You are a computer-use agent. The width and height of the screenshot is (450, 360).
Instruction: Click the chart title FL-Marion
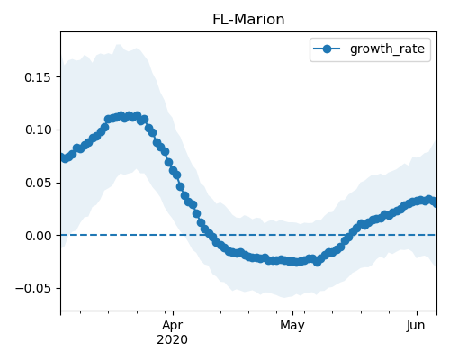pos(248,20)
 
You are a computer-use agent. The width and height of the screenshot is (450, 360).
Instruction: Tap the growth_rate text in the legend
pos(387,49)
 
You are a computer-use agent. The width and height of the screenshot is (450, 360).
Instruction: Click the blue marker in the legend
pos(327,49)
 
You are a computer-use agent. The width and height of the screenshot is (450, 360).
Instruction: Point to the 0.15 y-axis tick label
pos(38,77)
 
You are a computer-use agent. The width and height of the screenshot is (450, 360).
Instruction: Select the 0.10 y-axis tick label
pos(38,130)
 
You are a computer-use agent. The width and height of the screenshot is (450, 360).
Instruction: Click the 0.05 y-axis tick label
pos(38,183)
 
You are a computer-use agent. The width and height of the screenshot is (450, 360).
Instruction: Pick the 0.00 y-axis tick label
pos(38,236)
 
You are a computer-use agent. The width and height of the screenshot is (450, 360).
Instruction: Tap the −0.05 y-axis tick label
pos(33,288)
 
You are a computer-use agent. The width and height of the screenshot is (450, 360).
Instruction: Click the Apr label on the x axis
pos(173,326)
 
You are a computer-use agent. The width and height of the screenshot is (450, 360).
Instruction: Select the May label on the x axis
pos(292,326)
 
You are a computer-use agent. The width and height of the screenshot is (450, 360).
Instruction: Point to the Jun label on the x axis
pos(416,326)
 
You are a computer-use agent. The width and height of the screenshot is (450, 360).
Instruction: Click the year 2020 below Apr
pos(173,340)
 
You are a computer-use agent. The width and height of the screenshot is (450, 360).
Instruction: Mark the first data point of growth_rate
pos(62,157)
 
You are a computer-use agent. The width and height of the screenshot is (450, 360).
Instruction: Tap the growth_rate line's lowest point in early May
pos(317,263)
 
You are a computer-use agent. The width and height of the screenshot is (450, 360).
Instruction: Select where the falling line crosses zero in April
pos(206,235)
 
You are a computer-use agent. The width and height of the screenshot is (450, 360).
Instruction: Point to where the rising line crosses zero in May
pos(350,235)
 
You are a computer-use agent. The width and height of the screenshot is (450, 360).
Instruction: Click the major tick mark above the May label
pos(292,313)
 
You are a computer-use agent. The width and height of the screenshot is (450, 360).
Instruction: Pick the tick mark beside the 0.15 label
pos(58,77)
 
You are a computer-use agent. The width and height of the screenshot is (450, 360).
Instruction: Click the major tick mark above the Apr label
pos(173,313)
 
